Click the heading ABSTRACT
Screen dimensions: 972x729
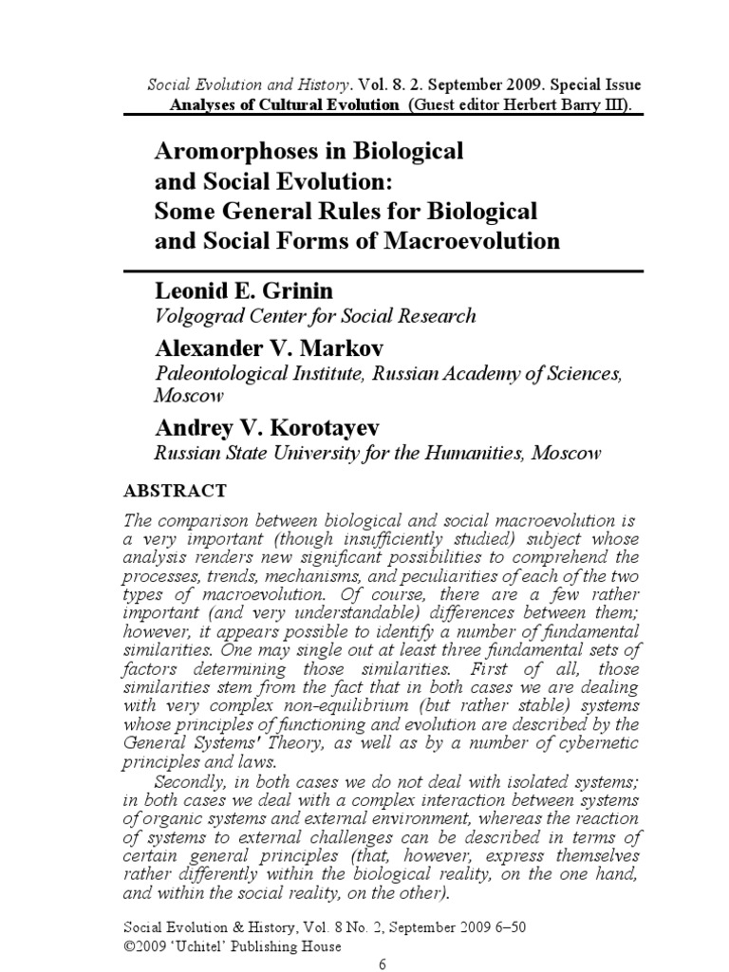coord(176,491)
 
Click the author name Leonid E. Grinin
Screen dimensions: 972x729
coord(240,290)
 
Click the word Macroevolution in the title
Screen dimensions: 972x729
coord(472,240)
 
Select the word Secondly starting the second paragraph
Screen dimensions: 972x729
coord(186,781)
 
